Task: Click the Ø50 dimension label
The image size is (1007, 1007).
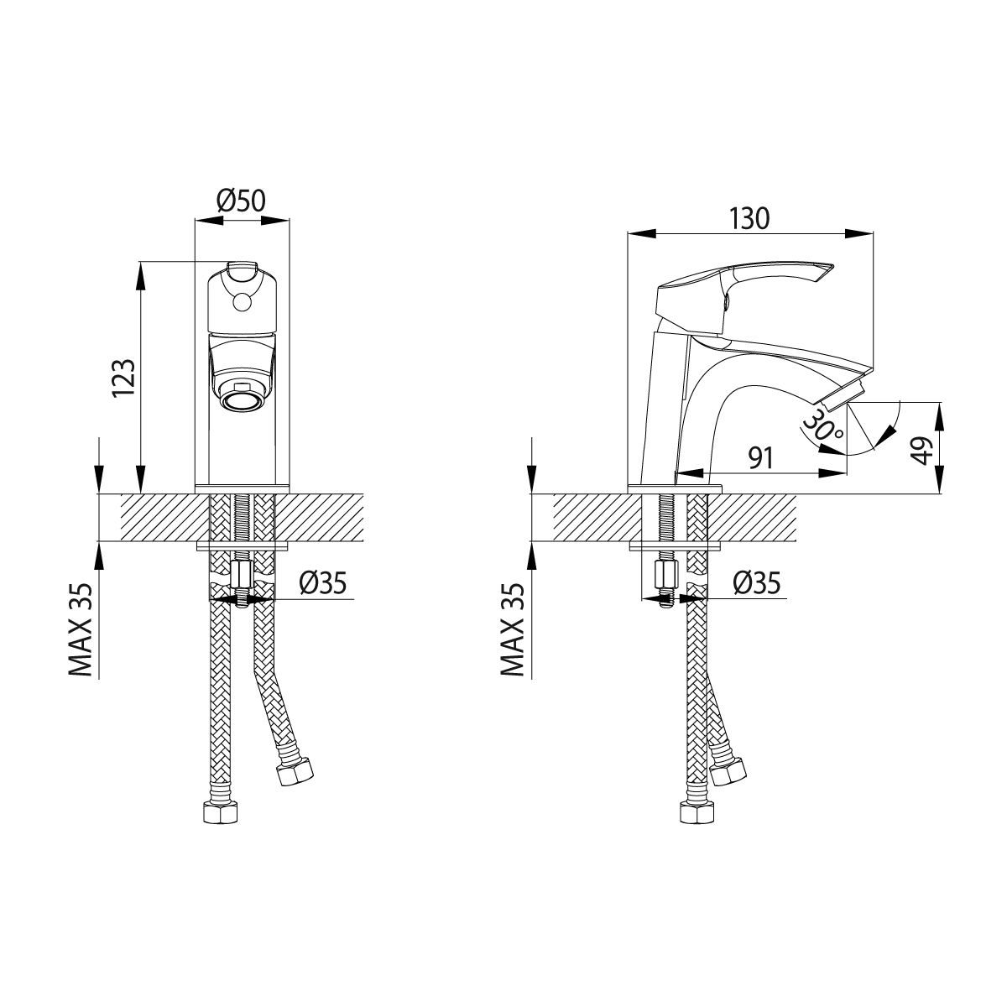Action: [241, 201]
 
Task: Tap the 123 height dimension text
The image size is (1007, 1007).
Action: [124, 378]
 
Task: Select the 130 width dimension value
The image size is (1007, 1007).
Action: [749, 218]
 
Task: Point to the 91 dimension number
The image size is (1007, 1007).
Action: [760, 458]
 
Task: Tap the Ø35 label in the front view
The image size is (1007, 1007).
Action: [323, 582]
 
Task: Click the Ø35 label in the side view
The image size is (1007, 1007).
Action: [757, 582]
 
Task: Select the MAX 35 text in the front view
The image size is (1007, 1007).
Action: [81, 629]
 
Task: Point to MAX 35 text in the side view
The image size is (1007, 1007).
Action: [513, 629]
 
